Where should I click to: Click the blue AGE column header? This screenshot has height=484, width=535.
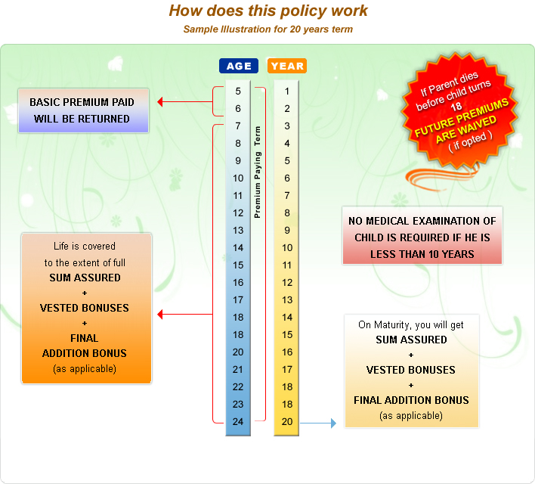(x=239, y=66)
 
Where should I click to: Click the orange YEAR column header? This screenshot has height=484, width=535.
(x=287, y=66)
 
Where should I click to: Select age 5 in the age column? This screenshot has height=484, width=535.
(x=238, y=92)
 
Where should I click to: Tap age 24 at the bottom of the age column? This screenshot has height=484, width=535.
(x=238, y=421)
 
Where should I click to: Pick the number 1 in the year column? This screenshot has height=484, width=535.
(x=287, y=92)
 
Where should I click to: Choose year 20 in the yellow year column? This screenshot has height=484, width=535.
(x=287, y=421)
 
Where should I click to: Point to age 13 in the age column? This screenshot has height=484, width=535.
(x=238, y=230)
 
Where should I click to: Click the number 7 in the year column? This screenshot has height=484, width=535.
(x=287, y=195)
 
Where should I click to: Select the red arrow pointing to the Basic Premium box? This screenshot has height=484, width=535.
(x=181, y=101)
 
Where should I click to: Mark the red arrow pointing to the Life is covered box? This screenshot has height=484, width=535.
(x=181, y=314)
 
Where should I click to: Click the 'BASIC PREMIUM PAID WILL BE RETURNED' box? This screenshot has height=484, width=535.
(x=85, y=110)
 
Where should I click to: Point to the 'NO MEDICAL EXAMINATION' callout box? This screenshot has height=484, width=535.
(x=422, y=237)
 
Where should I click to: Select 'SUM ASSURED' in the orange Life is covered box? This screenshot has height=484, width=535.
(x=85, y=278)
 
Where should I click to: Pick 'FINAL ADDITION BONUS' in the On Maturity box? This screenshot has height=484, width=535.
(x=411, y=400)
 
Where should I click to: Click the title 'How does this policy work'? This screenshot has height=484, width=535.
(x=268, y=11)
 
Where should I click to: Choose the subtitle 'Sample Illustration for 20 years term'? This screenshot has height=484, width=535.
(x=267, y=29)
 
